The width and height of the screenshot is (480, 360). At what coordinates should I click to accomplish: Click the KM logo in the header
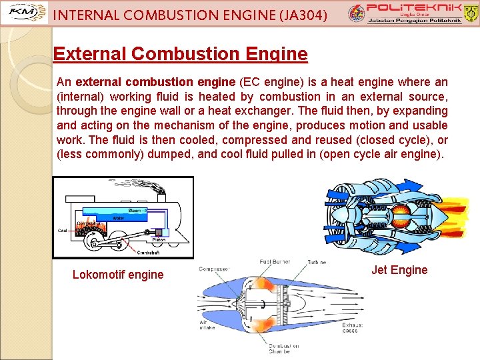[25, 13]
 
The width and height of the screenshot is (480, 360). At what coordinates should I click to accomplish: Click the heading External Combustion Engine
[180, 54]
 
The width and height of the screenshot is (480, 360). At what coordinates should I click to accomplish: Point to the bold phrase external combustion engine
[156, 83]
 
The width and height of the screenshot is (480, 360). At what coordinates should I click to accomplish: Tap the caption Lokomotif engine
[118, 274]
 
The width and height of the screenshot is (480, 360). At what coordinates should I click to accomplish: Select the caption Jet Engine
[400, 270]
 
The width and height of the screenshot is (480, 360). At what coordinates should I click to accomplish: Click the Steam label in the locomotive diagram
[134, 210]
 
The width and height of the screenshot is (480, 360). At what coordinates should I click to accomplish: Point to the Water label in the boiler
[118, 218]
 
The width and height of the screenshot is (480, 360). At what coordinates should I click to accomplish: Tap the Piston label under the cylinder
[159, 239]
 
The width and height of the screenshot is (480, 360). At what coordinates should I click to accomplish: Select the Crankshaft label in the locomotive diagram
[148, 253]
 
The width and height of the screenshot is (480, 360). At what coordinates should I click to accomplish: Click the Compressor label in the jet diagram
[214, 269]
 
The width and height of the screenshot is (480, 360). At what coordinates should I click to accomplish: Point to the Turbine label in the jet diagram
[317, 263]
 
